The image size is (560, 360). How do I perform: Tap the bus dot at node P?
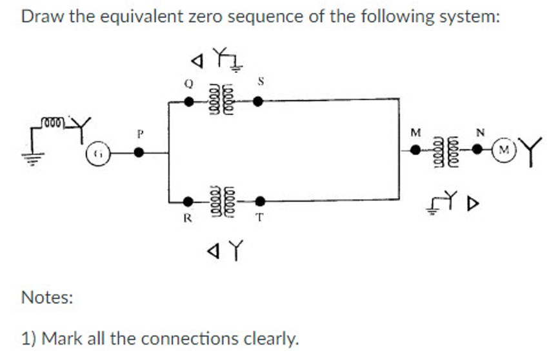(138, 153)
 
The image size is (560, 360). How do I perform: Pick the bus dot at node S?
(257, 101)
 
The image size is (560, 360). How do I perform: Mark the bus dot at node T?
(259, 201)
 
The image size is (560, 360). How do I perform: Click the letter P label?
(138, 134)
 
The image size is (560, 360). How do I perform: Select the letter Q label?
(188, 83)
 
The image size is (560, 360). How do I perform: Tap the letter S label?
(261, 81)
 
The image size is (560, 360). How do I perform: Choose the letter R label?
(188, 218)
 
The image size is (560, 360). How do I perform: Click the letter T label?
(260, 218)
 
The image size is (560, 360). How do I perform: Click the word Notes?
(47, 297)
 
